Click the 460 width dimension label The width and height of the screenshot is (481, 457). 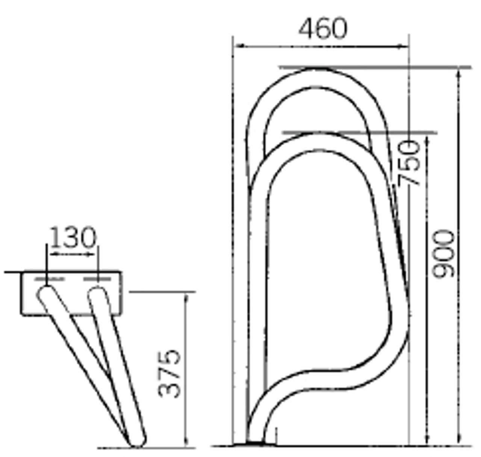point(323,29)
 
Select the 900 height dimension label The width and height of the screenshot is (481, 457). point(443,254)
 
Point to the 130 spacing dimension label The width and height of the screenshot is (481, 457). point(73,237)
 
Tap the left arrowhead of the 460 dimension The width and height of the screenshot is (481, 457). point(238,46)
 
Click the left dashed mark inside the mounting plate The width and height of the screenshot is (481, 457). point(50,279)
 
